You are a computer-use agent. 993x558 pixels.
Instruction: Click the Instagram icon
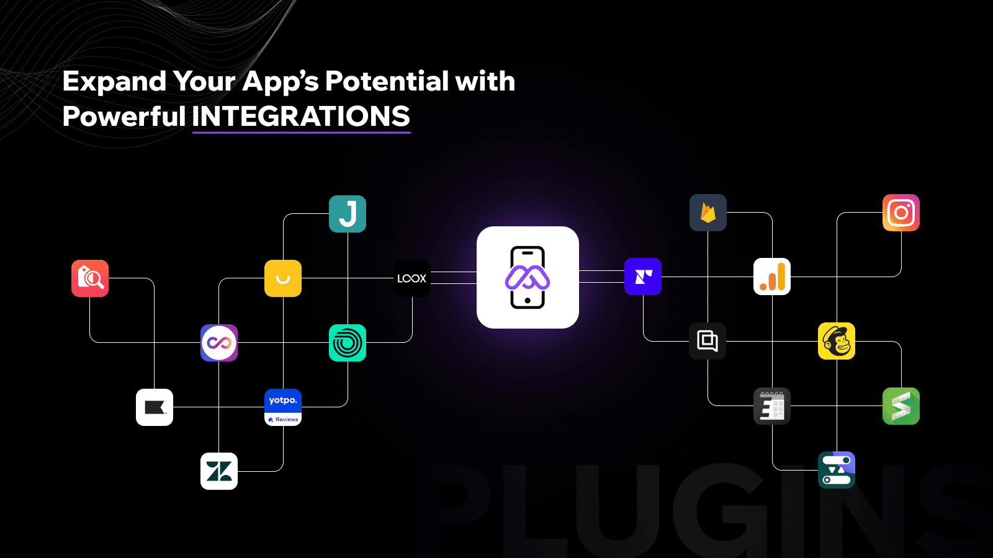tap(901, 213)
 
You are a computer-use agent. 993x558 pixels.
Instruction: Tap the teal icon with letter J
tap(348, 214)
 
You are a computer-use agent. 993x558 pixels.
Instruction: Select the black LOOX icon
tap(412, 278)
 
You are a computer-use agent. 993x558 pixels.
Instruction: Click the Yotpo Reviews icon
tap(283, 407)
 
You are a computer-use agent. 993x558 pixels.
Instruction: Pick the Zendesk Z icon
tap(219, 471)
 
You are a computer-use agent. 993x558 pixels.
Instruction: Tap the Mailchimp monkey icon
tap(837, 341)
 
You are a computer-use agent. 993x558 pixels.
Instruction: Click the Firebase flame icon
tap(708, 213)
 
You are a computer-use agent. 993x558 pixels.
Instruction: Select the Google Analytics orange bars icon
tap(772, 277)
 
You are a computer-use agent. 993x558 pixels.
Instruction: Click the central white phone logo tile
tap(528, 277)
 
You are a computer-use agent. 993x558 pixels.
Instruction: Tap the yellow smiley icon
tap(283, 278)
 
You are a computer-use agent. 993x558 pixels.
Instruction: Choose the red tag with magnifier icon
tap(90, 278)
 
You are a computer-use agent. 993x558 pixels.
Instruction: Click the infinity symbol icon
tap(219, 343)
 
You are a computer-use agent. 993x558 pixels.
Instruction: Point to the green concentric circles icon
tap(348, 343)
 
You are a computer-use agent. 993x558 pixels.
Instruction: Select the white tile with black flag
tap(155, 407)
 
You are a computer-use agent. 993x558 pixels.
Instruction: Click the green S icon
tap(901, 406)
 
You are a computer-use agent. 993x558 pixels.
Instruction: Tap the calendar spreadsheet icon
tap(772, 406)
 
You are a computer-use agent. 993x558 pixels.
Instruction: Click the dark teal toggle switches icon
tap(837, 470)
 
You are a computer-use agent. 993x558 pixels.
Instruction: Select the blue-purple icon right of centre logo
tap(643, 277)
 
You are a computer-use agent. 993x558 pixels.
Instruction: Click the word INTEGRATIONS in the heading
tap(301, 116)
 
